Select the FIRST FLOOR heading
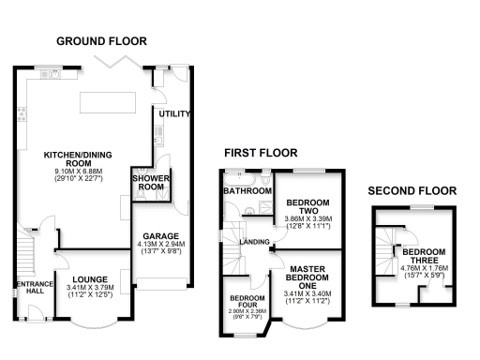pyautogui.click(x=257, y=152)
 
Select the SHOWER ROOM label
pyautogui.click(x=149, y=182)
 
